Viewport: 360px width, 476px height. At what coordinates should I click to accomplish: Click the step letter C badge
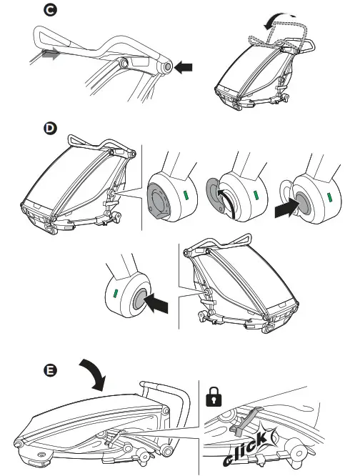coord(50,10)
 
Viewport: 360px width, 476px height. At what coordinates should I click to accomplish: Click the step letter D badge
coord(50,128)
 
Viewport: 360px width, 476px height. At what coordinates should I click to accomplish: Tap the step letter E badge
coord(50,370)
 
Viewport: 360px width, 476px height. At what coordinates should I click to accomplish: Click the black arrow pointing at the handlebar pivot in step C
coord(184,66)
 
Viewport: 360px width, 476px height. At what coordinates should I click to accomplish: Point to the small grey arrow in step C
coord(50,54)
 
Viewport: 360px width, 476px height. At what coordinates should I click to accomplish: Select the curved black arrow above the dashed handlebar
coord(278,20)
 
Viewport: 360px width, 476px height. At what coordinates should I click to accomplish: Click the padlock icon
coord(214,397)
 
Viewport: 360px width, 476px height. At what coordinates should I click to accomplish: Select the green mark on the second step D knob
coord(256,196)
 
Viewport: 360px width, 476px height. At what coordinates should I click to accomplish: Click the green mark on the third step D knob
coord(329,197)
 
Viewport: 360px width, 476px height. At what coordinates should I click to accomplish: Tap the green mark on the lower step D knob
coord(115,294)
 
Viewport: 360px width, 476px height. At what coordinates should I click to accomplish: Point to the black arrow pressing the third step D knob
coord(286,208)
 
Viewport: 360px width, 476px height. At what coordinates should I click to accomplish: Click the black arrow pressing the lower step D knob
coord(156,304)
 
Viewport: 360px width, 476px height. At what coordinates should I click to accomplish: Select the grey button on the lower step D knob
coord(139,299)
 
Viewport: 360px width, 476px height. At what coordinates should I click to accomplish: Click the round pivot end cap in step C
coord(167,66)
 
